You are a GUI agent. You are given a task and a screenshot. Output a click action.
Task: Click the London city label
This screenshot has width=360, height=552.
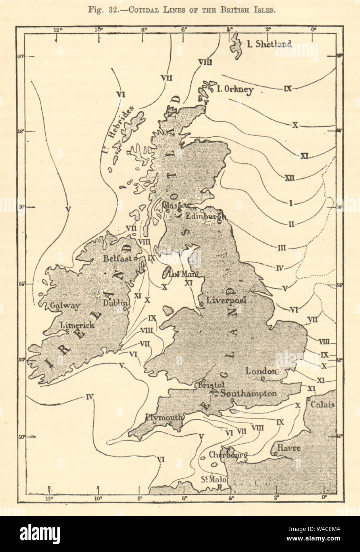click(x=261, y=371)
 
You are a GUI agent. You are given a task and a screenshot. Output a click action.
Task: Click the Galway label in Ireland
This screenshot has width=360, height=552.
click(x=65, y=306)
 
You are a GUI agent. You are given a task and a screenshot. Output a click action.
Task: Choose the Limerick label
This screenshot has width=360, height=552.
click(x=77, y=325)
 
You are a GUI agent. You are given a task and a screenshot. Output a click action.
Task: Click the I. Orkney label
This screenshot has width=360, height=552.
click(x=235, y=89)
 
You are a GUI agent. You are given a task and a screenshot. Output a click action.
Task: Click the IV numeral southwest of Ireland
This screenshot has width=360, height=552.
click(x=89, y=396)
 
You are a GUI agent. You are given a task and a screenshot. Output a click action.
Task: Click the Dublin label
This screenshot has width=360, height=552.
click(x=115, y=303)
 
